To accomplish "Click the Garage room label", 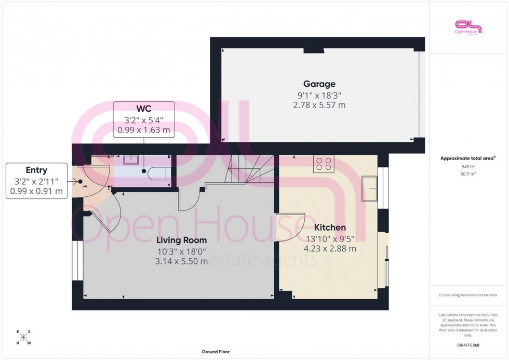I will pos(319,84).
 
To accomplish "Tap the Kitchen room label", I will pos(330,228).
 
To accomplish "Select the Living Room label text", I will pos(182,240).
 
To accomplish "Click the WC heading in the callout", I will pos(144,109).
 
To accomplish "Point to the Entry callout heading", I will pos(36,170).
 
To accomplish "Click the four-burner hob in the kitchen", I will pos(324,164).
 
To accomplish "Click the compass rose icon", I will pos(24,338).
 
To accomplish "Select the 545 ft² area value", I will pos(468,167).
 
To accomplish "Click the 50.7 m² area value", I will pos(468,174).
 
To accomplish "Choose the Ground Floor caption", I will pos(216,352).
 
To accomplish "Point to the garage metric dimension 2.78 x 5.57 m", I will pos(319,105).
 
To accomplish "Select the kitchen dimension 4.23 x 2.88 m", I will pos(330,248).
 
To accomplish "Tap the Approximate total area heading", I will pos(468,158).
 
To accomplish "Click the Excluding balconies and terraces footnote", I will pos(468,295).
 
